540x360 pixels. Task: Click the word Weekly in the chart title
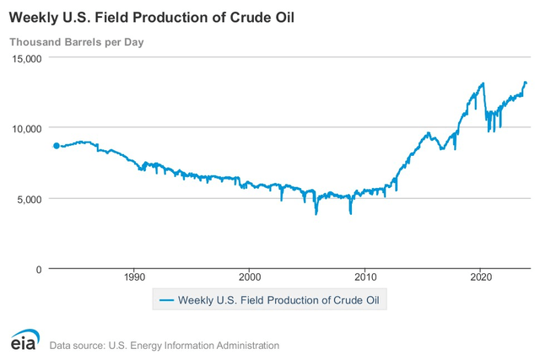pyautogui.click(x=35, y=17)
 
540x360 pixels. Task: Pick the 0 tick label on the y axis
pyautogui.click(x=39, y=269)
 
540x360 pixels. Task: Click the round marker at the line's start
pyautogui.click(x=57, y=146)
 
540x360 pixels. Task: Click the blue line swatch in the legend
pyautogui.click(x=165, y=298)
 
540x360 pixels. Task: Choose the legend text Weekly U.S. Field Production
pyautogui.click(x=253, y=298)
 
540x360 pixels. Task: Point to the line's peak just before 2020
pyautogui.click(x=483, y=83)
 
